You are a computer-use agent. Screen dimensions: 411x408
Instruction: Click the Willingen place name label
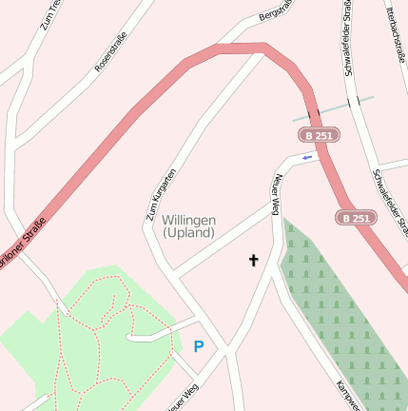tap(189, 220)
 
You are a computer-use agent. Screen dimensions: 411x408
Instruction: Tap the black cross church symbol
tap(254, 259)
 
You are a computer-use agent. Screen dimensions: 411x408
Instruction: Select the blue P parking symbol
tap(199, 347)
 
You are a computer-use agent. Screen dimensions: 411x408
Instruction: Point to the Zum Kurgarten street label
tap(161, 194)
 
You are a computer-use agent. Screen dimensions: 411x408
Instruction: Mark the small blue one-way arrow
tap(307, 157)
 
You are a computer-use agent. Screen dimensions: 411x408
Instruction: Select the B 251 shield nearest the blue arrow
tap(319, 137)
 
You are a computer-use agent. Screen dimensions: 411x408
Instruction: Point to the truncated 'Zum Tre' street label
tap(51, 14)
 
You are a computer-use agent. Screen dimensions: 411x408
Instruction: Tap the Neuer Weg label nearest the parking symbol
tap(184, 398)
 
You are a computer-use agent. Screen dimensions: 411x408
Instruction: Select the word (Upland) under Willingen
tap(189, 233)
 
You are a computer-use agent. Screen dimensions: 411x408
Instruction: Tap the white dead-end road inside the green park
tap(152, 336)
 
